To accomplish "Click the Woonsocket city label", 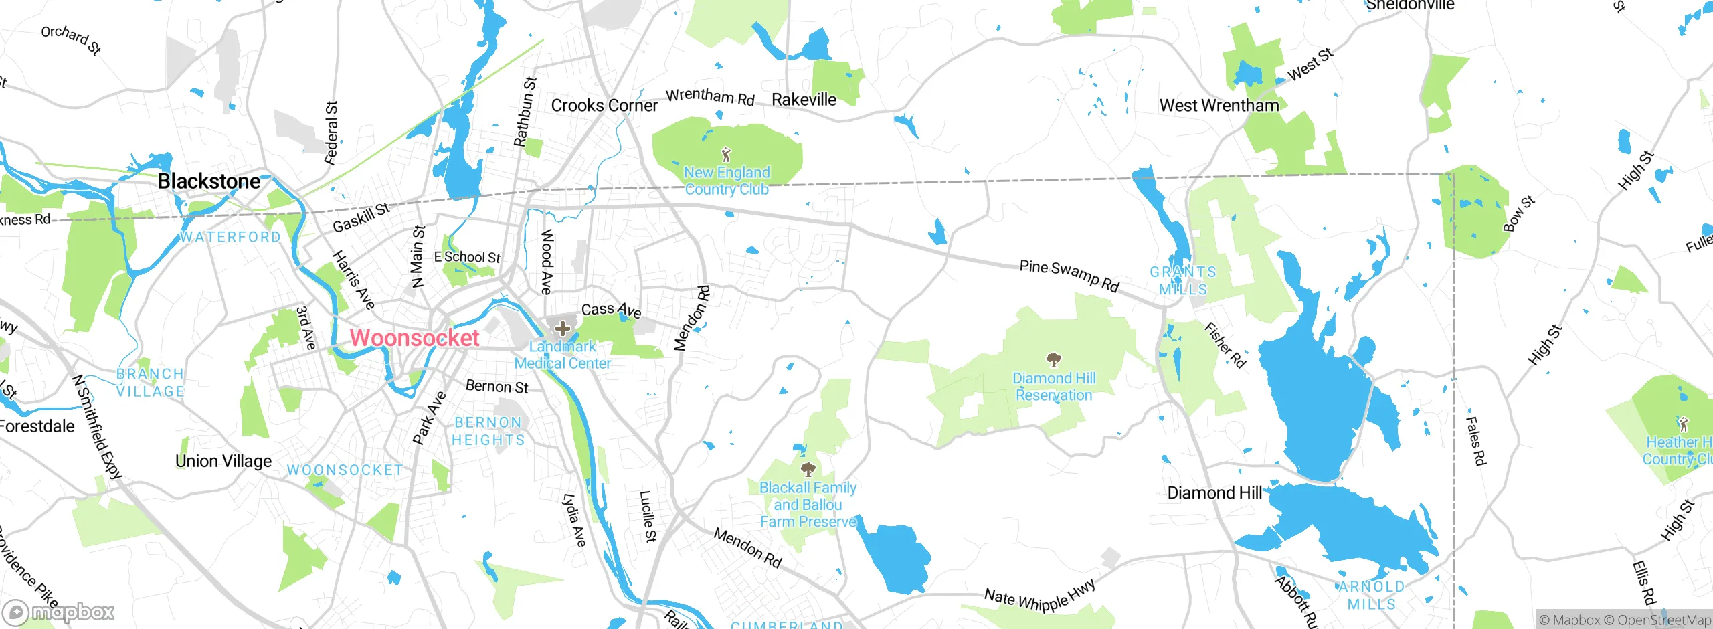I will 414,338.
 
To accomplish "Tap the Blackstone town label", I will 209,181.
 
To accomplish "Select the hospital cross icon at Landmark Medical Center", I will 563,328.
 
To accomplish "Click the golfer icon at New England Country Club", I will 726,155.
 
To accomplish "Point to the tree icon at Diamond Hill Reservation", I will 1054,360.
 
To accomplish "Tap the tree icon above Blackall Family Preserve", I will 808,469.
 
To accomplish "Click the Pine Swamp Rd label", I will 1069,276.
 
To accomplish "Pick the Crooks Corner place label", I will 604,106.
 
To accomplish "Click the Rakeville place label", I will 804,100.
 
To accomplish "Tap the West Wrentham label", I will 1219,106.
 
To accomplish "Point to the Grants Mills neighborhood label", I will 1183,280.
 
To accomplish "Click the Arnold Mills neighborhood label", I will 1371,595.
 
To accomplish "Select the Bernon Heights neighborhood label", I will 488,431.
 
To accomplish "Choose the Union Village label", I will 223,461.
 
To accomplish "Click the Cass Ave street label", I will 611,310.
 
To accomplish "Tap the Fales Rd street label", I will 1475,440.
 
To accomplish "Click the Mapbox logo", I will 59,612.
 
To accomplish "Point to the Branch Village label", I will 150,383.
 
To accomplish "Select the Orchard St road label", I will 71,39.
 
